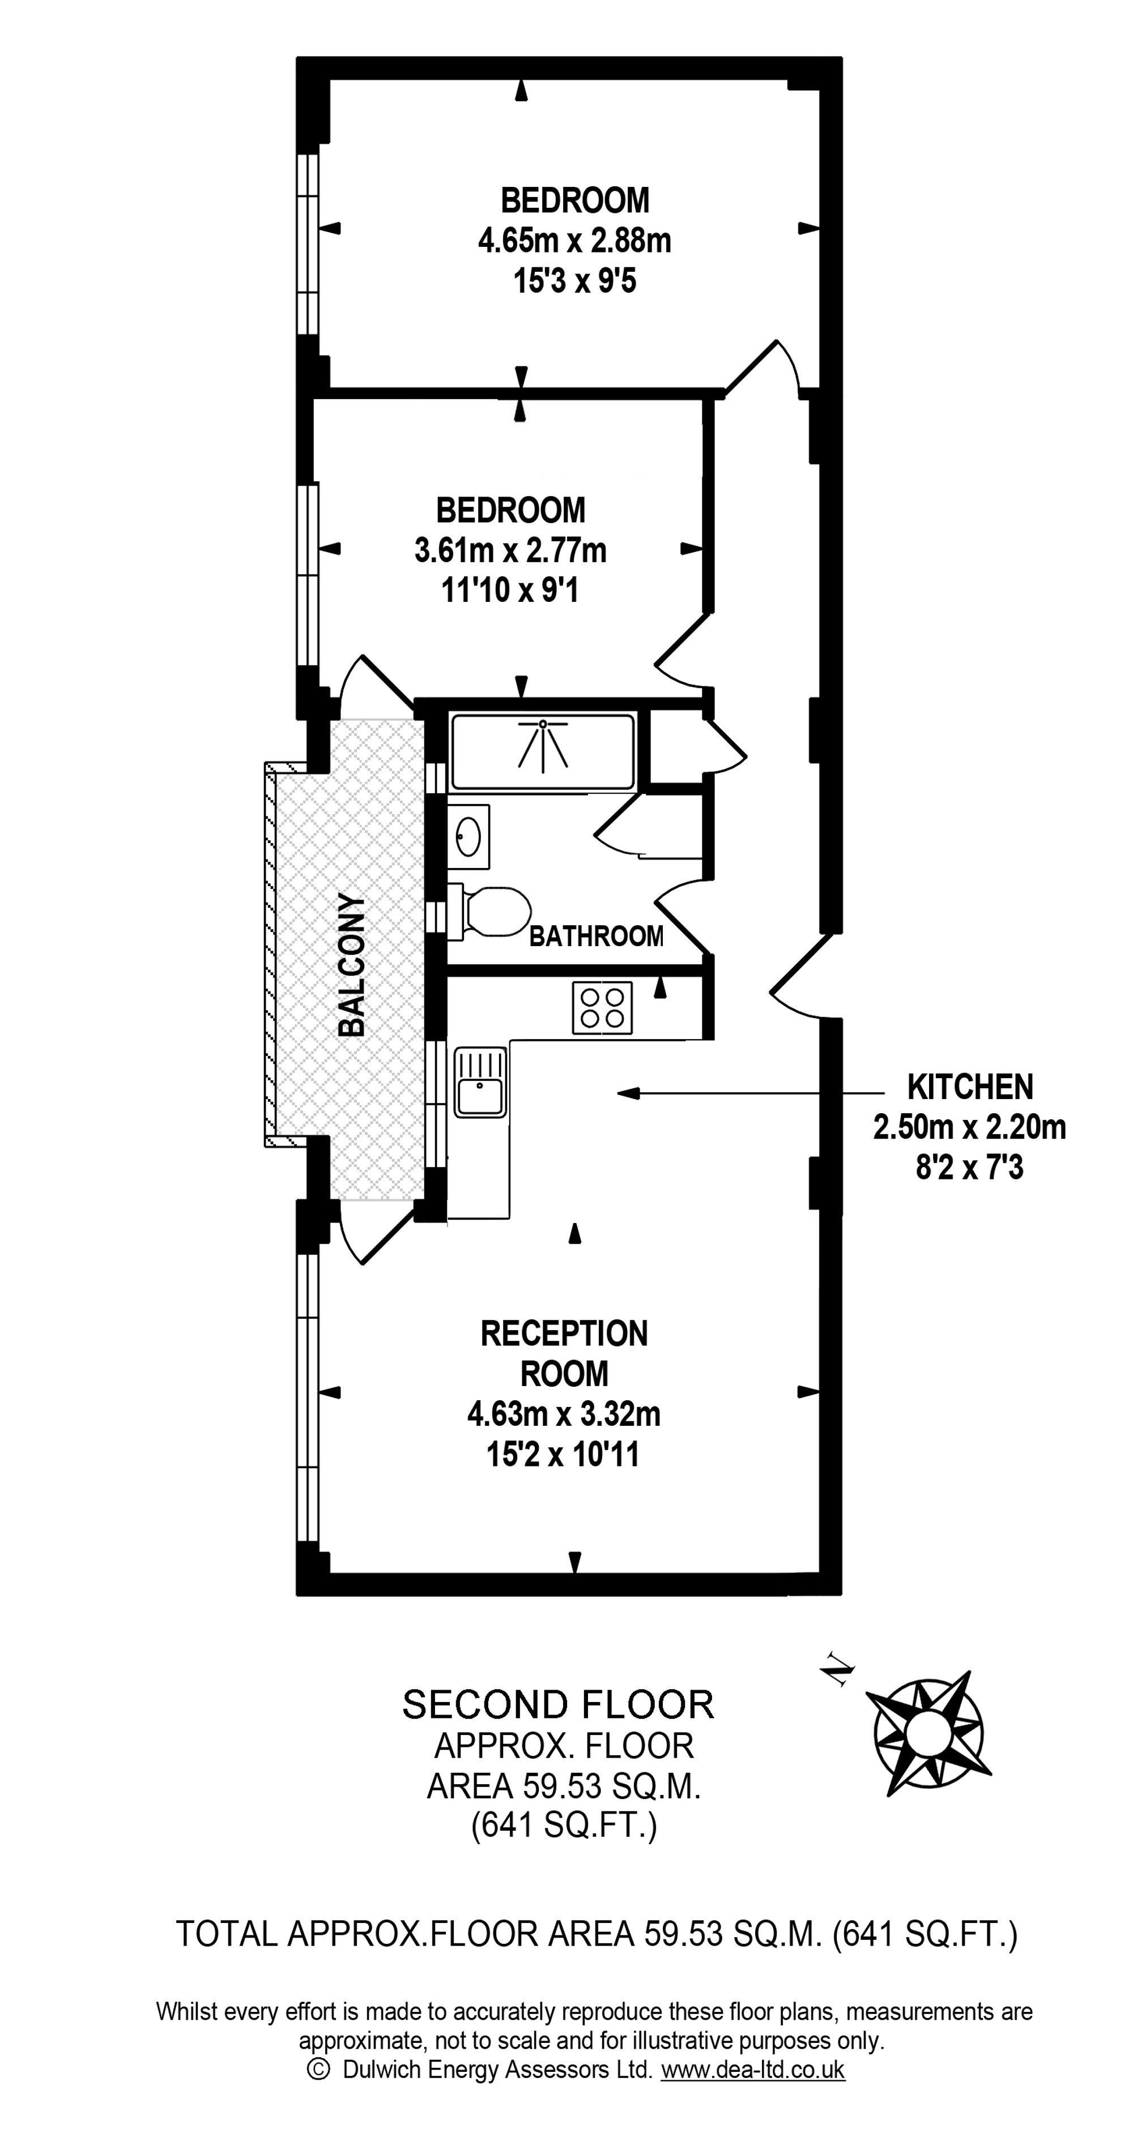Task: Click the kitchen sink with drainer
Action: [x=479, y=1082]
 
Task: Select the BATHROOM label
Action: [x=597, y=937]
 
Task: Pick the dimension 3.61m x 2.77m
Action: [x=510, y=550]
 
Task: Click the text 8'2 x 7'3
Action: [x=970, y=1168]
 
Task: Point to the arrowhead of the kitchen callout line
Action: [x=627, y=1094]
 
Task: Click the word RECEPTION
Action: [x=565, y=1333]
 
